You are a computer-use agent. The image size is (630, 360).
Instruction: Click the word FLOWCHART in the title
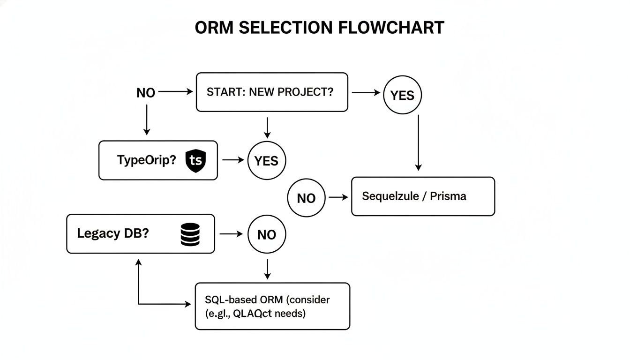[391, 28]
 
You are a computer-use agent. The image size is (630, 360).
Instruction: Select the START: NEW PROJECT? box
[272, 92]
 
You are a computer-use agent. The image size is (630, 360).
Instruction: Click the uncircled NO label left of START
[145, 93]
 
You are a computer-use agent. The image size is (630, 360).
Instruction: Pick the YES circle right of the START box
[402, 96]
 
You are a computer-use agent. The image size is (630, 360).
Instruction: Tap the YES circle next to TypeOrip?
[266, 161]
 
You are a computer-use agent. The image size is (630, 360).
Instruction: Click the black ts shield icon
[195, 160]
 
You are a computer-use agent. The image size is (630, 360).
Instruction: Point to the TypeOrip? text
[146, 160]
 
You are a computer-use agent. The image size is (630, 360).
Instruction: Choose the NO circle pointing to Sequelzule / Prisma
[306, 198]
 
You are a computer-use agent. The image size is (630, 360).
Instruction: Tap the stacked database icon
[190, 234]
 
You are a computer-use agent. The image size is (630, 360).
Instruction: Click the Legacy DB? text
[112, 233]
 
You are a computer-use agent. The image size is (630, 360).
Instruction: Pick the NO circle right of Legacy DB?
[266, 234]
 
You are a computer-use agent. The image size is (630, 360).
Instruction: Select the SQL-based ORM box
[272, 306]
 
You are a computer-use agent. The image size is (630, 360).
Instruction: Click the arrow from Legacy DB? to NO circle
[231, 233]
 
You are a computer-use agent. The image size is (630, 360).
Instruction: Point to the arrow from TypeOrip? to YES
[233, 160]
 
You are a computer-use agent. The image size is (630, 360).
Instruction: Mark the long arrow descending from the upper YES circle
[418, 143]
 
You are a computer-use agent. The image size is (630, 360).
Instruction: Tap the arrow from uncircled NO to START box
[176, 92]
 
